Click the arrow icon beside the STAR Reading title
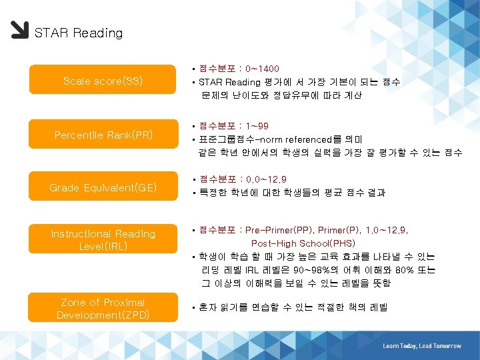tap(19, 31)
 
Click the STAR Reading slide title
tap(78, 33)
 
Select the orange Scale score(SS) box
tap(103, 81)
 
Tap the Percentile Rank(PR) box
tap(103, 135)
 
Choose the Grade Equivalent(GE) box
tap(103, 188)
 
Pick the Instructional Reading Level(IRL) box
tap(103, 240)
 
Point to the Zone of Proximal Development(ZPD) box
tap(103, 308)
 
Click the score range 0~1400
tap(262, 69)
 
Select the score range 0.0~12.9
tap(266, 179)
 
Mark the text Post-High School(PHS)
tap(303, 243)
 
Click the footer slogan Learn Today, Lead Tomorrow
tap(422, 346)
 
